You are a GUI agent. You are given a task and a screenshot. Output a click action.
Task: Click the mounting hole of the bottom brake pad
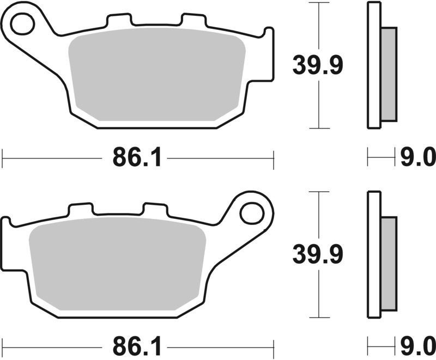(x=251, y=212)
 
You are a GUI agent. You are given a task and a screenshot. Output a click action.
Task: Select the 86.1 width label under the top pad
(x=137, y=158)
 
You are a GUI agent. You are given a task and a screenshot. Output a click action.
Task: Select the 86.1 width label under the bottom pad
(x=137, y=346)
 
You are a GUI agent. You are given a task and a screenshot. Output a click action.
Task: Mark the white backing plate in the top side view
(x=374, y=65)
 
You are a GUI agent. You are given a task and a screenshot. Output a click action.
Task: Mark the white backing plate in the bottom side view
(x=374, y=254)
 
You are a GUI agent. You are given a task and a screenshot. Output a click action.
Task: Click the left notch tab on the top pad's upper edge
(x=120, y=20)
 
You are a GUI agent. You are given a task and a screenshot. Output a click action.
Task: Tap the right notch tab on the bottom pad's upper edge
(x=153, y=209)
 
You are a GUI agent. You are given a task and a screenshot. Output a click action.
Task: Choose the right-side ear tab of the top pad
(x=269, y=54)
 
